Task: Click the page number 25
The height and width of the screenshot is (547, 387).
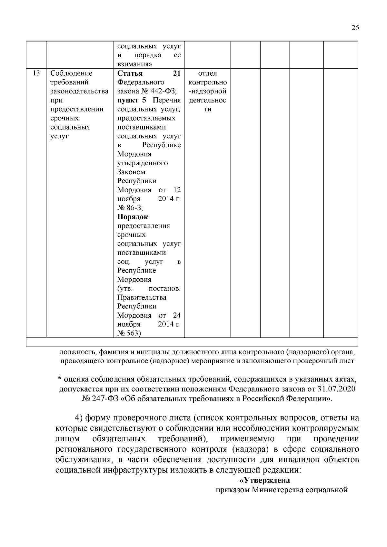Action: click(355, 28)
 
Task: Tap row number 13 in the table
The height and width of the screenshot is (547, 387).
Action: click(36, 73)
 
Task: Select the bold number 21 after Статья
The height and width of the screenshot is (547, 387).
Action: click(177, 73)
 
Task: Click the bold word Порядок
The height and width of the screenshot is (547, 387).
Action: click(133, 217)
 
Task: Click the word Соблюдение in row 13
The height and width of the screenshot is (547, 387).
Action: click(71, 73)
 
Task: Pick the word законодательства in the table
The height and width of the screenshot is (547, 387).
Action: click(79, 91)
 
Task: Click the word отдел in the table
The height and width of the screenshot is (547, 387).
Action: click(208, 73)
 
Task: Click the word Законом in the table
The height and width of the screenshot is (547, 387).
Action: click(131, 172)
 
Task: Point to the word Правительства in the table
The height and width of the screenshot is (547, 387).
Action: click(142, 297)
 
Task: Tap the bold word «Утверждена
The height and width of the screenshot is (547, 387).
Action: click(264, 480)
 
